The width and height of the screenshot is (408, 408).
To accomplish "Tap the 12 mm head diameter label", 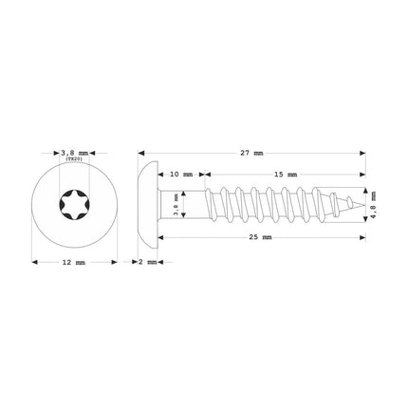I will (x=73, y=262).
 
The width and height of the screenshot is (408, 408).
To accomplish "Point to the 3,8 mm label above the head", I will (x=73, y=150).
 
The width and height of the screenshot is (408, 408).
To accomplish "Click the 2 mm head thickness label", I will (x=148, y=262).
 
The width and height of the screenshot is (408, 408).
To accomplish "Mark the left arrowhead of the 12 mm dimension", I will (x=33, y=262).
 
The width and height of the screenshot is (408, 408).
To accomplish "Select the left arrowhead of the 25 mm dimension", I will (x=158, y=236).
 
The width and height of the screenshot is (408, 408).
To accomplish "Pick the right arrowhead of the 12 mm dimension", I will (x=114, y=262).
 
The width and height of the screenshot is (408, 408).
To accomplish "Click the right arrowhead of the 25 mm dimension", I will (x=363, y=236).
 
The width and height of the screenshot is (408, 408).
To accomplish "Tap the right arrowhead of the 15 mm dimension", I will (x=363, y=175).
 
